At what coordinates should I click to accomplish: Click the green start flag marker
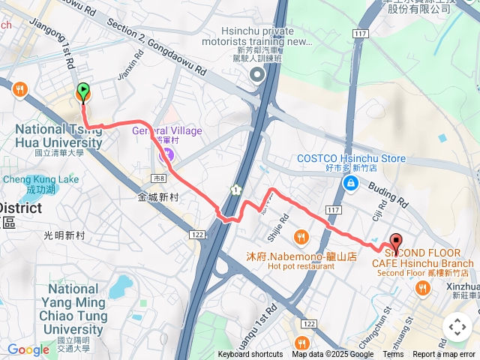coord(82,91)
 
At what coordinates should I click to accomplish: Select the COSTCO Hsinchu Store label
coord(351,158)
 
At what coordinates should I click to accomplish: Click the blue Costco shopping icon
coord(350,182)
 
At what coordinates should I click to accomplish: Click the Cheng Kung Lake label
coord(40,180)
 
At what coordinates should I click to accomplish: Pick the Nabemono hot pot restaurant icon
coord(301,237)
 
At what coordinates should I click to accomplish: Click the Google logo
coord(28,349)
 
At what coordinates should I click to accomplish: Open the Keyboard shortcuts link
coord(250,355)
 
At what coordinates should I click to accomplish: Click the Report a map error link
coord(444,355)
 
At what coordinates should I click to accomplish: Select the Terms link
coord(393,355)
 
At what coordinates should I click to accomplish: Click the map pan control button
coord(457,327)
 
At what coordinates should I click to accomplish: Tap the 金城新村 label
coord(157,197)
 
